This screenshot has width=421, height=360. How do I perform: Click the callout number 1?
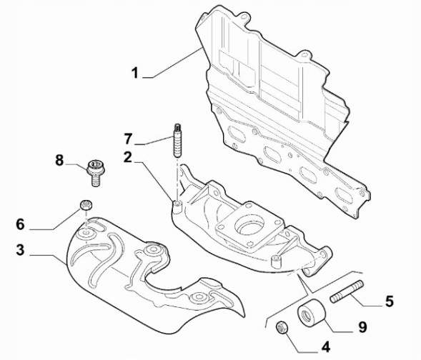134,73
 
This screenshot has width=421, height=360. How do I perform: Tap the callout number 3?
21,249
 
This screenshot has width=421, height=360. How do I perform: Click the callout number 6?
21,224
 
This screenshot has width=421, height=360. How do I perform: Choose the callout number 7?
127,138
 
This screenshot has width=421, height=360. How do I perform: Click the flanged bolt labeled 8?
93,171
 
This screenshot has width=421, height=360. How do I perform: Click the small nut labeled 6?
86,206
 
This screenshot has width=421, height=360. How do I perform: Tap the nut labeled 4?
282,328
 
